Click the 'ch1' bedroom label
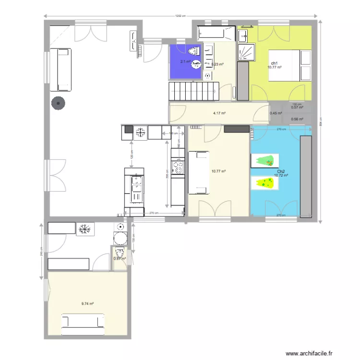click(x=274, y=63)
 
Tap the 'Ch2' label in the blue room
click(x=281, y=171)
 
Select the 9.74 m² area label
click(x=87, y=303)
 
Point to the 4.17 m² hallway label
click(x=219, y=113)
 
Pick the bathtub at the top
click(x=216, y=32)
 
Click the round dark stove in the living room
click(x=59, y=103)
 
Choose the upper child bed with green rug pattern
click(x=264, y=161)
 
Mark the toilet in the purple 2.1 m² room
click(x=194, y=51)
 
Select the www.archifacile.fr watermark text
click(x=308, y=353)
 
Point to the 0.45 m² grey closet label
click(x=276, y=114)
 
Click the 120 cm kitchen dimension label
click(x=131, y=155)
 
